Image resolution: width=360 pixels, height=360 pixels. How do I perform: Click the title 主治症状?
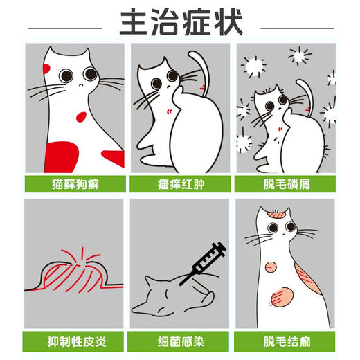click(x=181, y=22)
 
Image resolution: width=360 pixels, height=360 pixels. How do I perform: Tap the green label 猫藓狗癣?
click(x=75, y=184)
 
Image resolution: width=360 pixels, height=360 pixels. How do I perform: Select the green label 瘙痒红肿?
click(x=180, y=184)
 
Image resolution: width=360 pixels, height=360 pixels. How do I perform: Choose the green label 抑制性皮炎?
click(x=75, y=341)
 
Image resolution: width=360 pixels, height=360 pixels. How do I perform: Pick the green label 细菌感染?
click(x=180, y=341)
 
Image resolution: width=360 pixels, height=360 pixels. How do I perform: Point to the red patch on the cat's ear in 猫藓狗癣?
click(x=46, y=68)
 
